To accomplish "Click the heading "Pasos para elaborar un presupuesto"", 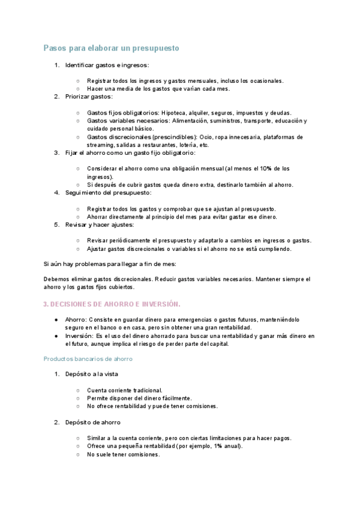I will tap(111, 47).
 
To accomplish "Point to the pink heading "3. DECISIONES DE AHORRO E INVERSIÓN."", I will tap(112, 304).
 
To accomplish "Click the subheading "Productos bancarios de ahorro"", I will tap(88, 358).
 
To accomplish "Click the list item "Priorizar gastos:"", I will tap(89, 96).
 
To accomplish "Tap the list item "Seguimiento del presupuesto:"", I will tap(108, 193).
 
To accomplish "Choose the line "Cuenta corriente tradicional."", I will tap(124, 390).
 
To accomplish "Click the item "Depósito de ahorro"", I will tap(92, 422).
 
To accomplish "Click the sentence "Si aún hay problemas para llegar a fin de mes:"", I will tap(110, 264).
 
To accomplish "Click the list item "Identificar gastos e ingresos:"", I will tap(107, 64).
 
